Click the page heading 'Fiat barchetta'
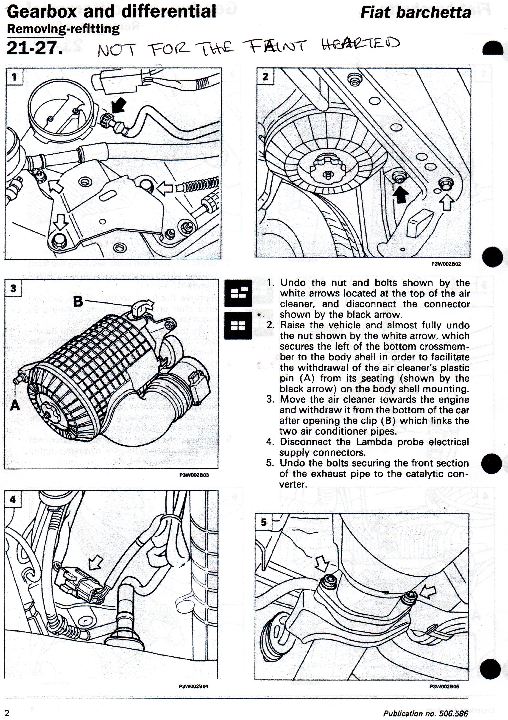click(x=416, y=13)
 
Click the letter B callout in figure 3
click(x=78, y=302)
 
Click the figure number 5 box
click(x=264, y=522)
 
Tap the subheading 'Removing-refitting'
click(x=63, y=29)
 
